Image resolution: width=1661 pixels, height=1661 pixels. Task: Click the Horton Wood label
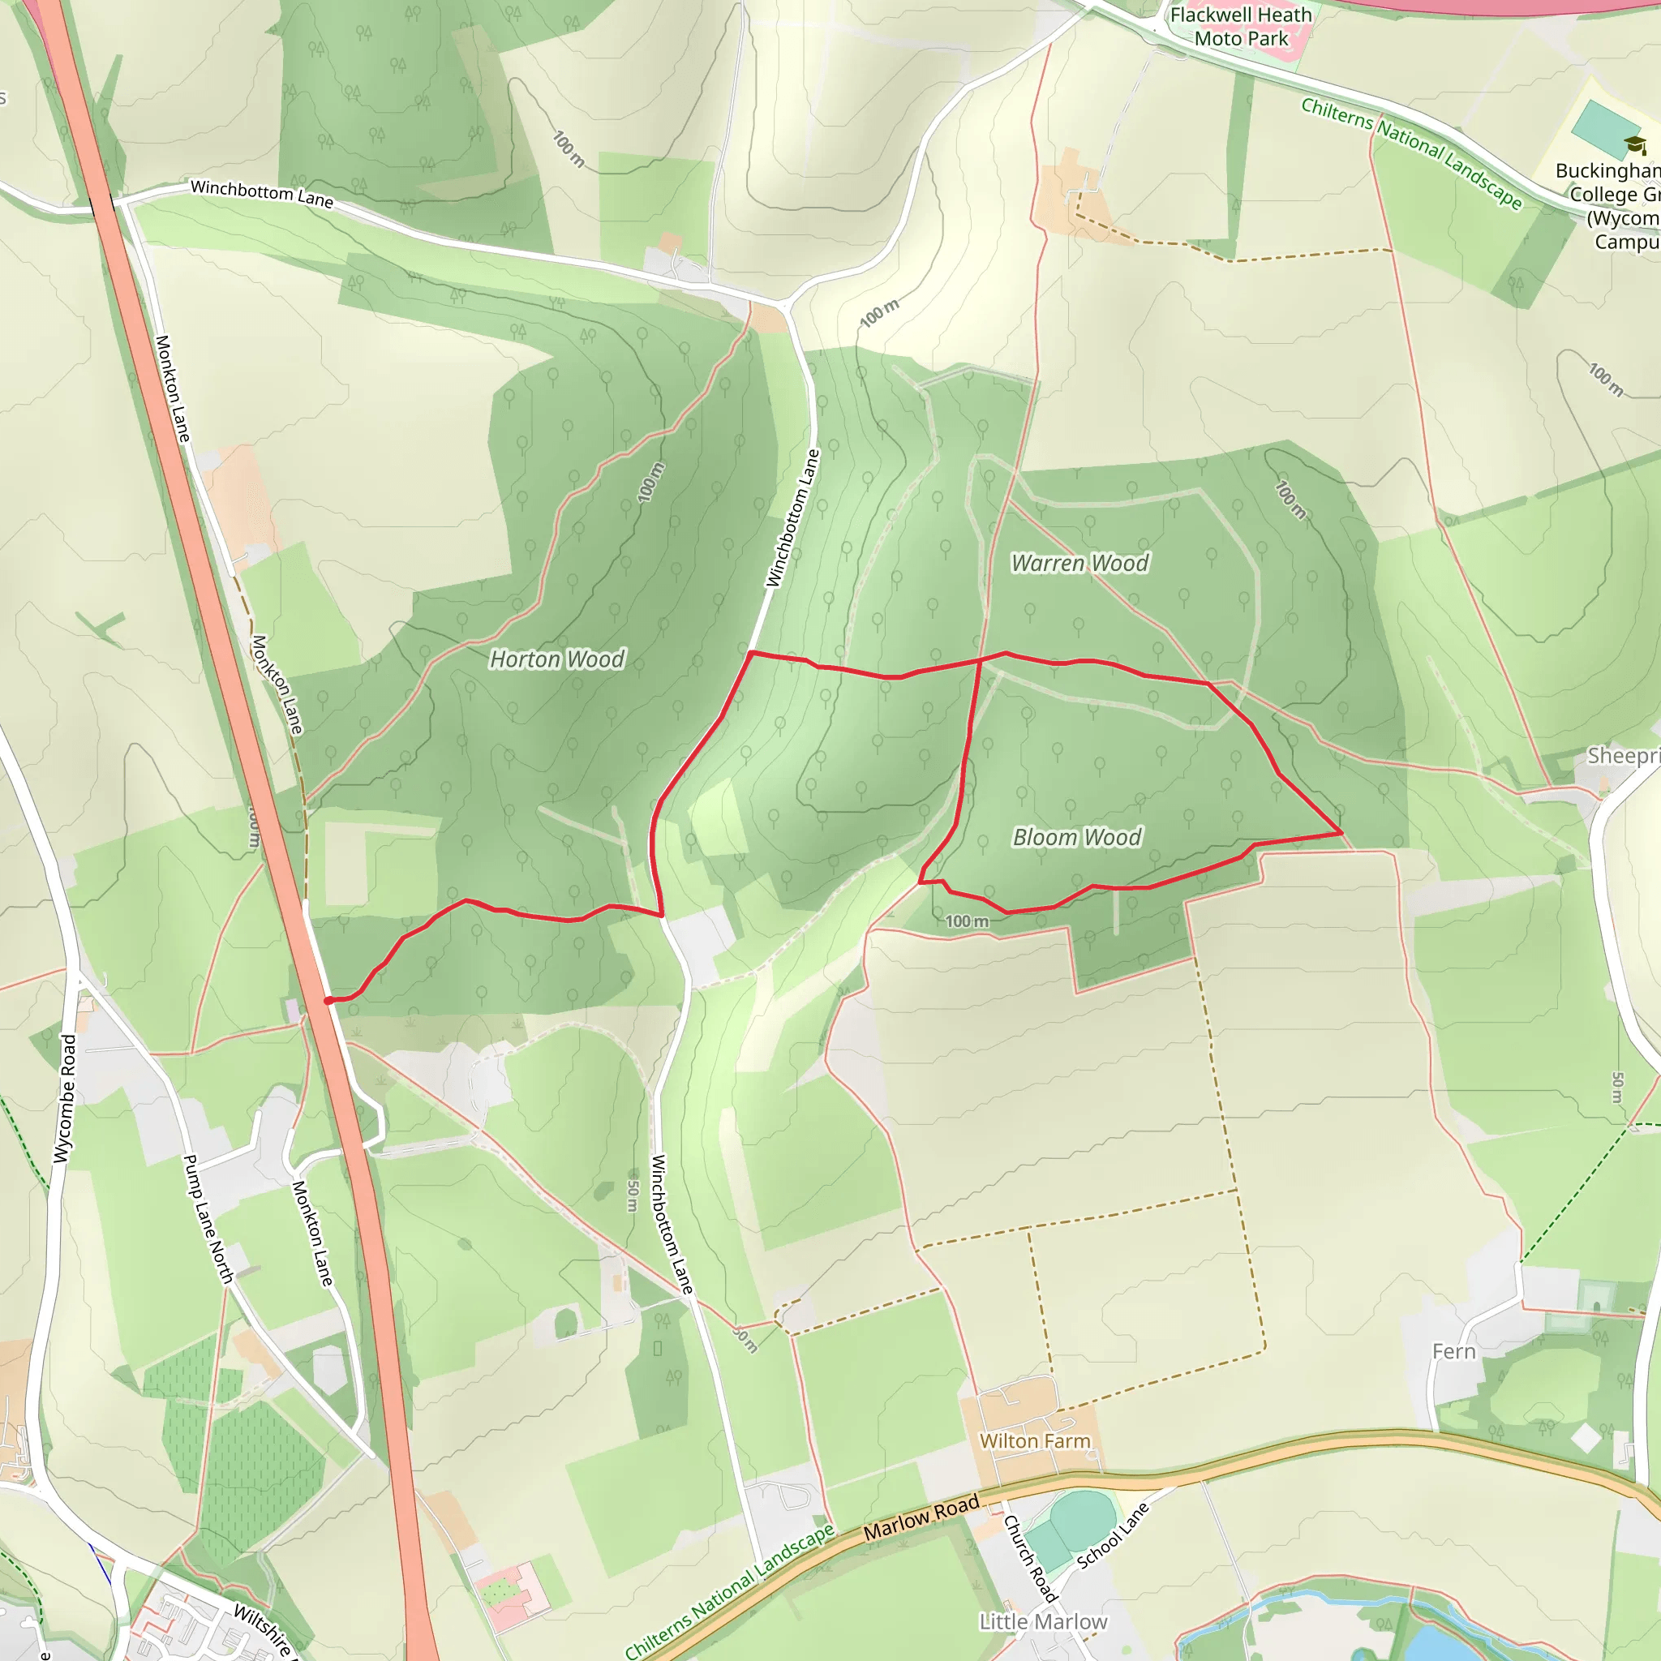pyautogui.click(x=557, y=659)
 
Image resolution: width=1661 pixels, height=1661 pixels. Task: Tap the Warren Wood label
pyautogui.click(x=1079, y=563)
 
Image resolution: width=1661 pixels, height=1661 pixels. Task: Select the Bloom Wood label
pyautogui.click(x=1076, y=837)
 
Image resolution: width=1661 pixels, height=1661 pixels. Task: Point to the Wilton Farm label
pyautogui.click(x=1034, y=1441)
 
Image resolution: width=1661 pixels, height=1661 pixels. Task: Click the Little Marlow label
pyautogui.click(x=1043, y=1621)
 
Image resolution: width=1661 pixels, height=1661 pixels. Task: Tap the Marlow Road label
pyautogui.click(x=921, y=1517)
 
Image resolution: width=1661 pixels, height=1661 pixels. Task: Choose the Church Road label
pyautogui.click(x=1029, y=1557)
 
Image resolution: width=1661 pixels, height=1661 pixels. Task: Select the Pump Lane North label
pyautogui.click(x=208, y=1219)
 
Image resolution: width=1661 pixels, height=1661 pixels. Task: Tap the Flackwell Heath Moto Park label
pyautogui.click(x=1241, y=27)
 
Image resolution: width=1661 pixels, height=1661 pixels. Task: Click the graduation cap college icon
pyautogui.click(x=1634, y=144)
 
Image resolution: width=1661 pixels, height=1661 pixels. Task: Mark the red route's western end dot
pyautogui.click(x=328, y=1000)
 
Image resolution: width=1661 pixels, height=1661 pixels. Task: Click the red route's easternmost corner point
pyautogui.click(x=1341, y=833)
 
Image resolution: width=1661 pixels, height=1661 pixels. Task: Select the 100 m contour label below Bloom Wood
pyautogui.click(x=968, y=921)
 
